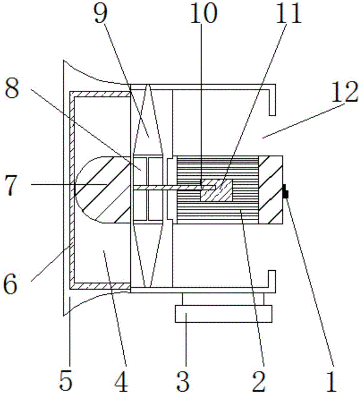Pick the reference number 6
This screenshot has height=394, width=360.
pos(11,284)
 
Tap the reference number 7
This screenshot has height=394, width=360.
pos(11,185)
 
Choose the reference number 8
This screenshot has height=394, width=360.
pos(12,90)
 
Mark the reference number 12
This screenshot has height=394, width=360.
pos(344,92)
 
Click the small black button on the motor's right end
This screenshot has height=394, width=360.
pos(286,191)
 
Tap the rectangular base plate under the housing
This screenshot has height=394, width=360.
pos(224,314)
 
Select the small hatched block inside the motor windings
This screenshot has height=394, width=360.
pos(216,190)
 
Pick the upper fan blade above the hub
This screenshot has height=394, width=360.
pos(148,121)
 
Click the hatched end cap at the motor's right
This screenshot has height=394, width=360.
pos(271,190)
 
